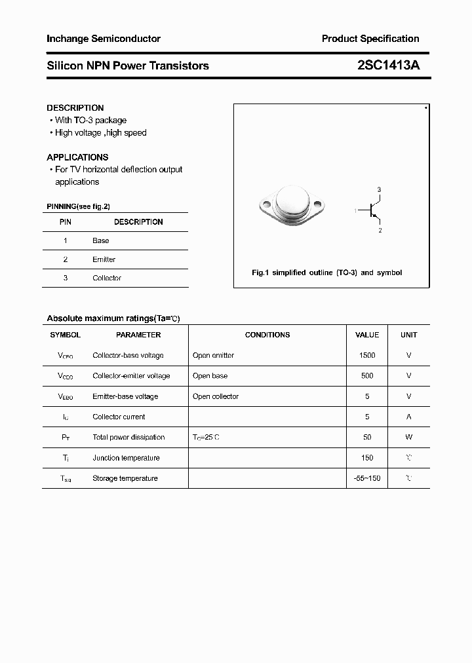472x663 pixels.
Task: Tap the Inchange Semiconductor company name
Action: [x=104, y=39]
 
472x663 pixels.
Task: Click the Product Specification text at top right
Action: [x=370, y=39]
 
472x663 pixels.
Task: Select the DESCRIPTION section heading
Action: [x=75, y=107]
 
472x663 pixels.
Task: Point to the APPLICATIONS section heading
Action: [x=77, y=157]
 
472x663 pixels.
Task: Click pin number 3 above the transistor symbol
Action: [x=379, y=189]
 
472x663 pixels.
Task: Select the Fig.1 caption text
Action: [x=327, y=273]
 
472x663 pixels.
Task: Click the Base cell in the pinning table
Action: [x=101, y=240]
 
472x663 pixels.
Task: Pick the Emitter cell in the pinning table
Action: [x=104, y=259]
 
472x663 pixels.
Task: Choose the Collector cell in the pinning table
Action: [x=107, y=278]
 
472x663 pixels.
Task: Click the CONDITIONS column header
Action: [x=267, y=335]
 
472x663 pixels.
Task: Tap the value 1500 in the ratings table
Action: [x=367, y=355]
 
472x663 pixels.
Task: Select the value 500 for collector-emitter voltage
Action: [x=367, y=376]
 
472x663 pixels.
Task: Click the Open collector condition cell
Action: [x=216, y=396]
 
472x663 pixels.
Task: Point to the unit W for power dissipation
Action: [x=408, y=437]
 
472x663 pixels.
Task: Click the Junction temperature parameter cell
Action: [x=126, y=458]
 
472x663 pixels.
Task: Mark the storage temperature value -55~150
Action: [x=366, y=478]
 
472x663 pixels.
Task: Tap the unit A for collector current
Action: [x=408, y=417]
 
